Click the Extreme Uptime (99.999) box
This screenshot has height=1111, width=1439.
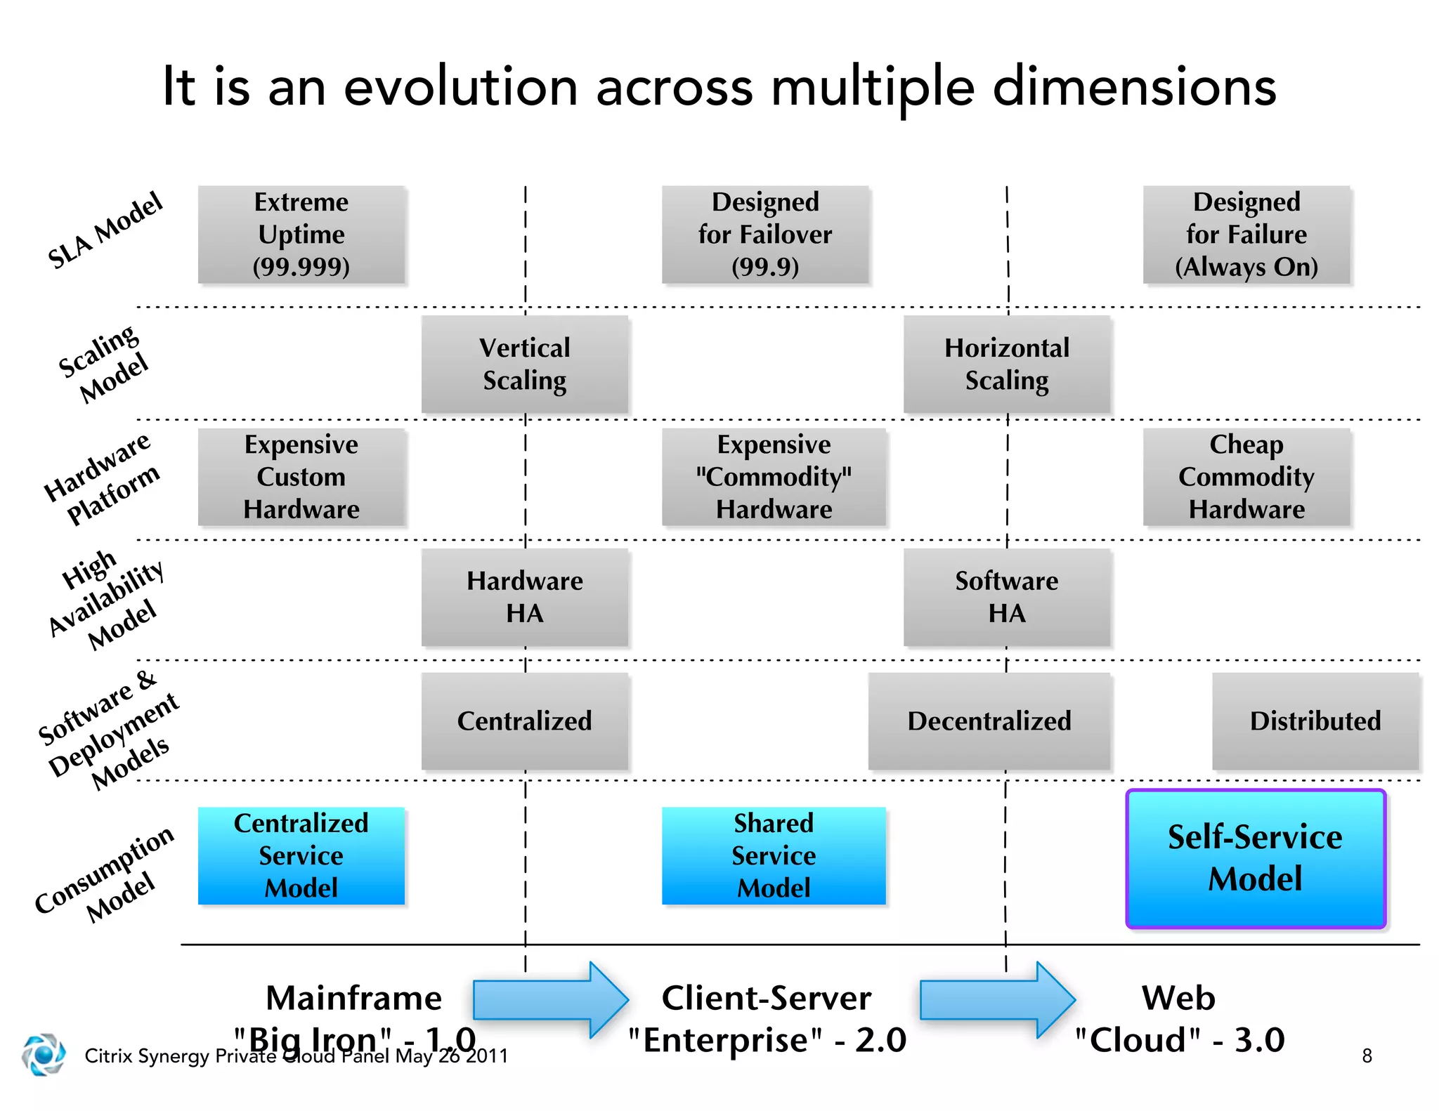[x=301, y=235]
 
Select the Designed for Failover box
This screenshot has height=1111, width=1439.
[x=764, y=235]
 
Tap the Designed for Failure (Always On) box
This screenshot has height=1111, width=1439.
[x=1246, y=235]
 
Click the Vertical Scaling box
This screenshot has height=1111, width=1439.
[x=524, y=364]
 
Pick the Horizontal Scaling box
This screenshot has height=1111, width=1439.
[x=1006, y=364]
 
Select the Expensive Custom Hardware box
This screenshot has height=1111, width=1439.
[x=301, y=477]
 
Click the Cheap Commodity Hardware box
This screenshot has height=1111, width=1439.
[x=1246, y=477]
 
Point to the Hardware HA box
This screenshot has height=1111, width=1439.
[x=524, y=597]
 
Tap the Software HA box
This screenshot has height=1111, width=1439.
[x=1006, y=597]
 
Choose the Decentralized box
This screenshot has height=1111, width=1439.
[x=989, y=721]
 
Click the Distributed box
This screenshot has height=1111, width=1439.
[x=1315, y=721]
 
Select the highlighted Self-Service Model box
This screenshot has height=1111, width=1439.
[x=1255, y=858]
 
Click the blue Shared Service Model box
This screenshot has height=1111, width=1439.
[x=773, y=855]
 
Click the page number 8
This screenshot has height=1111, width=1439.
[x=1367, y=1056]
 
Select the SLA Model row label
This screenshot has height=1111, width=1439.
[x=105, y=230]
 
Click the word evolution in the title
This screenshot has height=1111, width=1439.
[x=460, y=87]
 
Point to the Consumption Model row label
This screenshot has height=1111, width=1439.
[x=105, y=874]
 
